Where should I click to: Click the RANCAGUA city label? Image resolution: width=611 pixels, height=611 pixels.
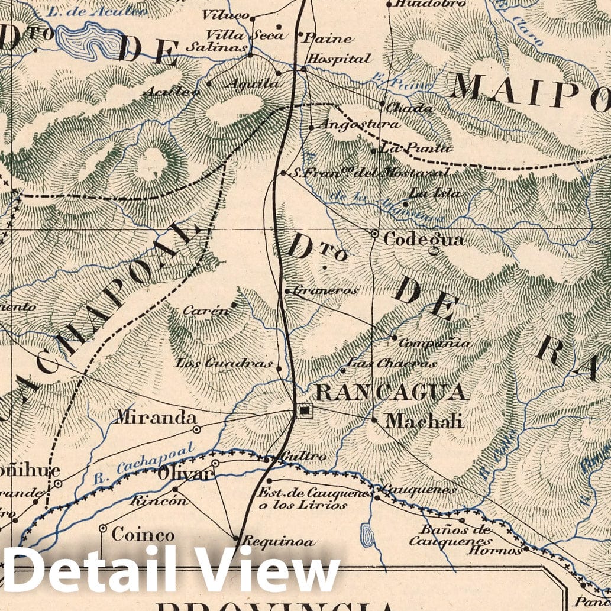click(x=390, y=392)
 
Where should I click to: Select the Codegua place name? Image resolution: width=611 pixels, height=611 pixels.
click(x=424, y=240)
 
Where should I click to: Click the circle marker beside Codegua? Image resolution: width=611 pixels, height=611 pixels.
click(x=374, y=234)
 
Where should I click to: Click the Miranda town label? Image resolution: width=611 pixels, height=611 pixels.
click(x=156, y=418)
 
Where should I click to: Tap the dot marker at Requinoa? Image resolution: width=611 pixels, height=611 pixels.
click(x=236, y=539)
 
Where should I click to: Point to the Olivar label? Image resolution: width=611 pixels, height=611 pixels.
click(x=184, y=474)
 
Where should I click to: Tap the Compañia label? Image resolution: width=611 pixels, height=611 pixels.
click(x=435, y=343)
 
